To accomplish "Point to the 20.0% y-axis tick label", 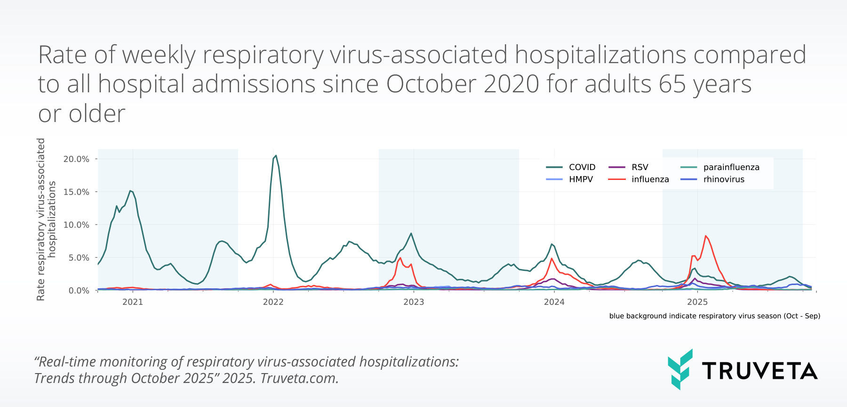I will coord(76,159).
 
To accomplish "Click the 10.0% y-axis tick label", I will coord(76,225).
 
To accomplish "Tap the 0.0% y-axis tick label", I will coord(79,291).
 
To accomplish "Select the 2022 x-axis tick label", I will coord(273,302).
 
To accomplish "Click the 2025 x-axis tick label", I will coord(697,302).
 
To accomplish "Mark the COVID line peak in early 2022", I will coord(276,155).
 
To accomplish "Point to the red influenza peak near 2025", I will coord(705,236).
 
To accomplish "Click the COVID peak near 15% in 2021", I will coord(130,191).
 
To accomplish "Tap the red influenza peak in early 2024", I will coord(551,259).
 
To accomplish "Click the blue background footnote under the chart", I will coord(714,316).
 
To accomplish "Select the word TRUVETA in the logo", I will coord(759,371).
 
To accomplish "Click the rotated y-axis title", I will coord(46,220).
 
